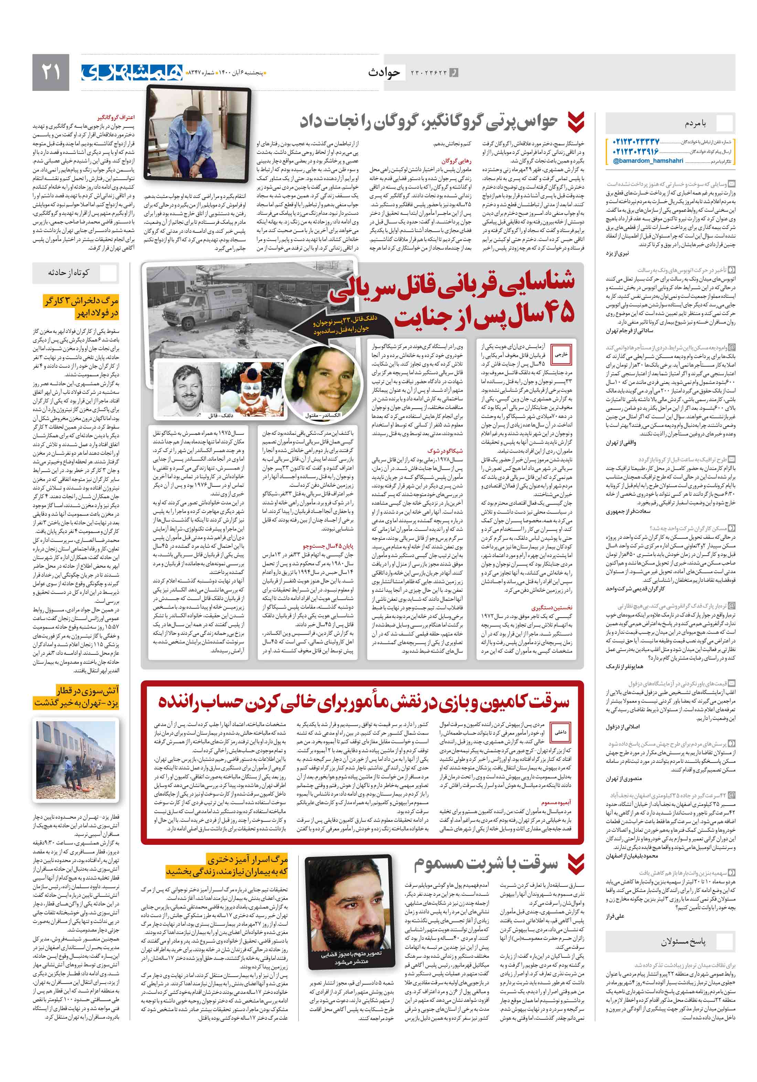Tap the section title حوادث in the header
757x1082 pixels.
click(x=384, y=72)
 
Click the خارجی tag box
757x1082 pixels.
click(x=561, y=354)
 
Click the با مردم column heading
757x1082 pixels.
click(x=695, y=124)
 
